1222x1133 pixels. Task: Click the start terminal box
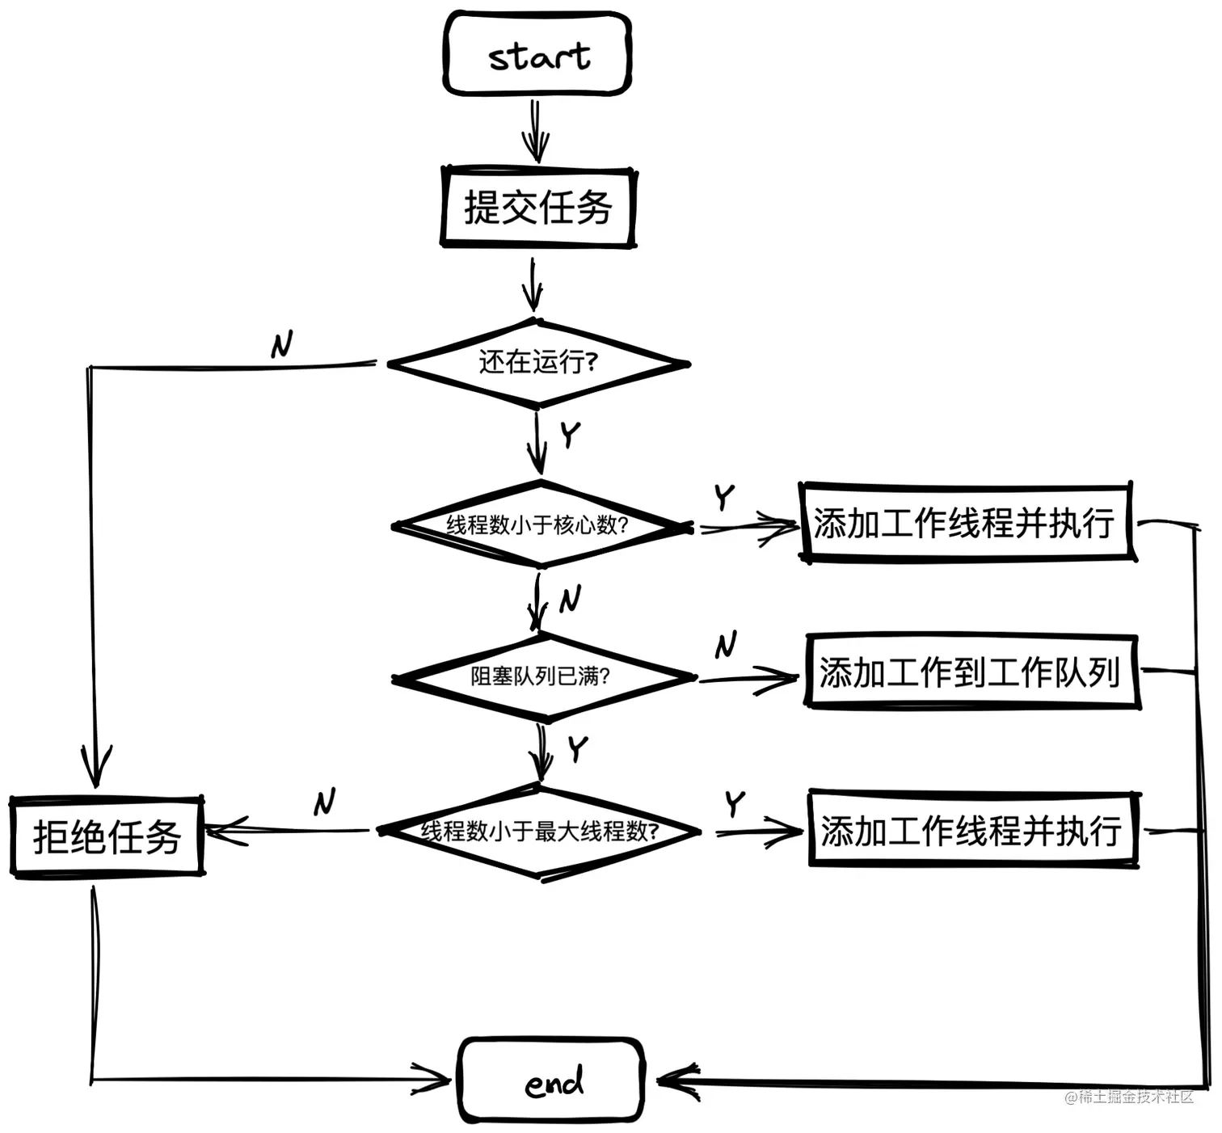point(537,54)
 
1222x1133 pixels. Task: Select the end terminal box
point(551,1080)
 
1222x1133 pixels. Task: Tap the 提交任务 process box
point(537,207)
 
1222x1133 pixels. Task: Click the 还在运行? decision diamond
point(537,363)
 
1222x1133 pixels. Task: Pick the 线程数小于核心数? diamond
point(539,525)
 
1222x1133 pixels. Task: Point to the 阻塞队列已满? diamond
point(541,676)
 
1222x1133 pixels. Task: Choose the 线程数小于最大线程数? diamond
point(539,831)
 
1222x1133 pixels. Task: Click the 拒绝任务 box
point(107,836)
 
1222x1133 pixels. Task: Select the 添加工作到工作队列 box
point(971,672)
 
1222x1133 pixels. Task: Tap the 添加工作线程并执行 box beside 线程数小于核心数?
point(966,523)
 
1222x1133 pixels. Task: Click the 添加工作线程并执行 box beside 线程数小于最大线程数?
point(972,830)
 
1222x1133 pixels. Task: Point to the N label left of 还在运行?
point(281,345)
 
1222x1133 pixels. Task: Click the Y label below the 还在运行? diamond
point(571,434)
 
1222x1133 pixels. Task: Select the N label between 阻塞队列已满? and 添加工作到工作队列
point(725,645)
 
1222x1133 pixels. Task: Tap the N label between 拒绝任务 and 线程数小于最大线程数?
point(324,802)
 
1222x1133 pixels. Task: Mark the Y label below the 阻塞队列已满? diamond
point(577,748)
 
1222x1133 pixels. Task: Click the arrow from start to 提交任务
point(535,131)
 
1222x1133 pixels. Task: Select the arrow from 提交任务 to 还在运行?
point(532,284)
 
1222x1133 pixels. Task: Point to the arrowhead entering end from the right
point(677,1081)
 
